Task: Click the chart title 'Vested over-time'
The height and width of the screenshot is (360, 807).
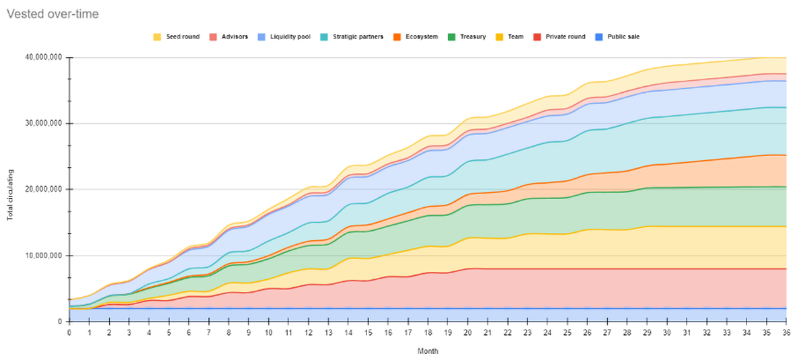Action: [x=52, y=13]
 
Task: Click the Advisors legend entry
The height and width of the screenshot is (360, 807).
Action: [x=232, y=36]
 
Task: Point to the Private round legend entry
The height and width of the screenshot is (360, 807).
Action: [x=562, y=36]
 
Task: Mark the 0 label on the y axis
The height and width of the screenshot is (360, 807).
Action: [x=61, y=322]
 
